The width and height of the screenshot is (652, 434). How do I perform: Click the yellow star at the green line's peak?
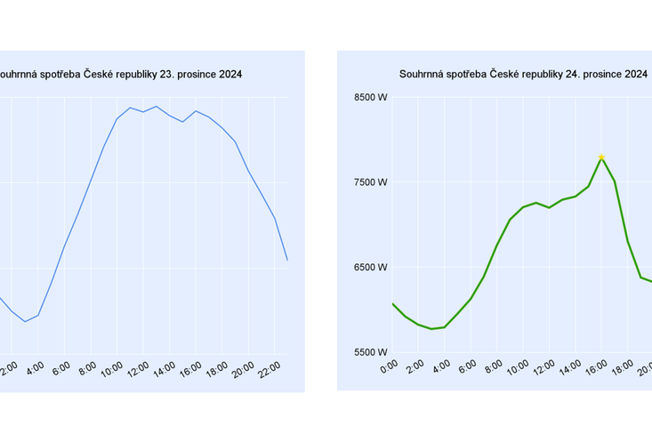point(601,157)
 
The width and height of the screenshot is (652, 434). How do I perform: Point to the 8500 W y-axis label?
point(371,98)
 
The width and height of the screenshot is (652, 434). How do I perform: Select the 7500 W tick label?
point(371,182)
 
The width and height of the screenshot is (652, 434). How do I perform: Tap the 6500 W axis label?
point(371,267)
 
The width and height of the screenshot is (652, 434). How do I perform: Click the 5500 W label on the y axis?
point(371,352)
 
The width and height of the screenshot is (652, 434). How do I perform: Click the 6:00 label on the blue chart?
point(61,367)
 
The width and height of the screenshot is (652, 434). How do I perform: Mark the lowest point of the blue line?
point(25,321)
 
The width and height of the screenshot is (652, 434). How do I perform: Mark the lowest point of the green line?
point(431,329)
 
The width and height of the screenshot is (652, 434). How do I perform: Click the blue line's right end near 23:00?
point(287,260)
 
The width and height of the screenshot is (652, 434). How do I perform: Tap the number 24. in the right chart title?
point(573,74)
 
